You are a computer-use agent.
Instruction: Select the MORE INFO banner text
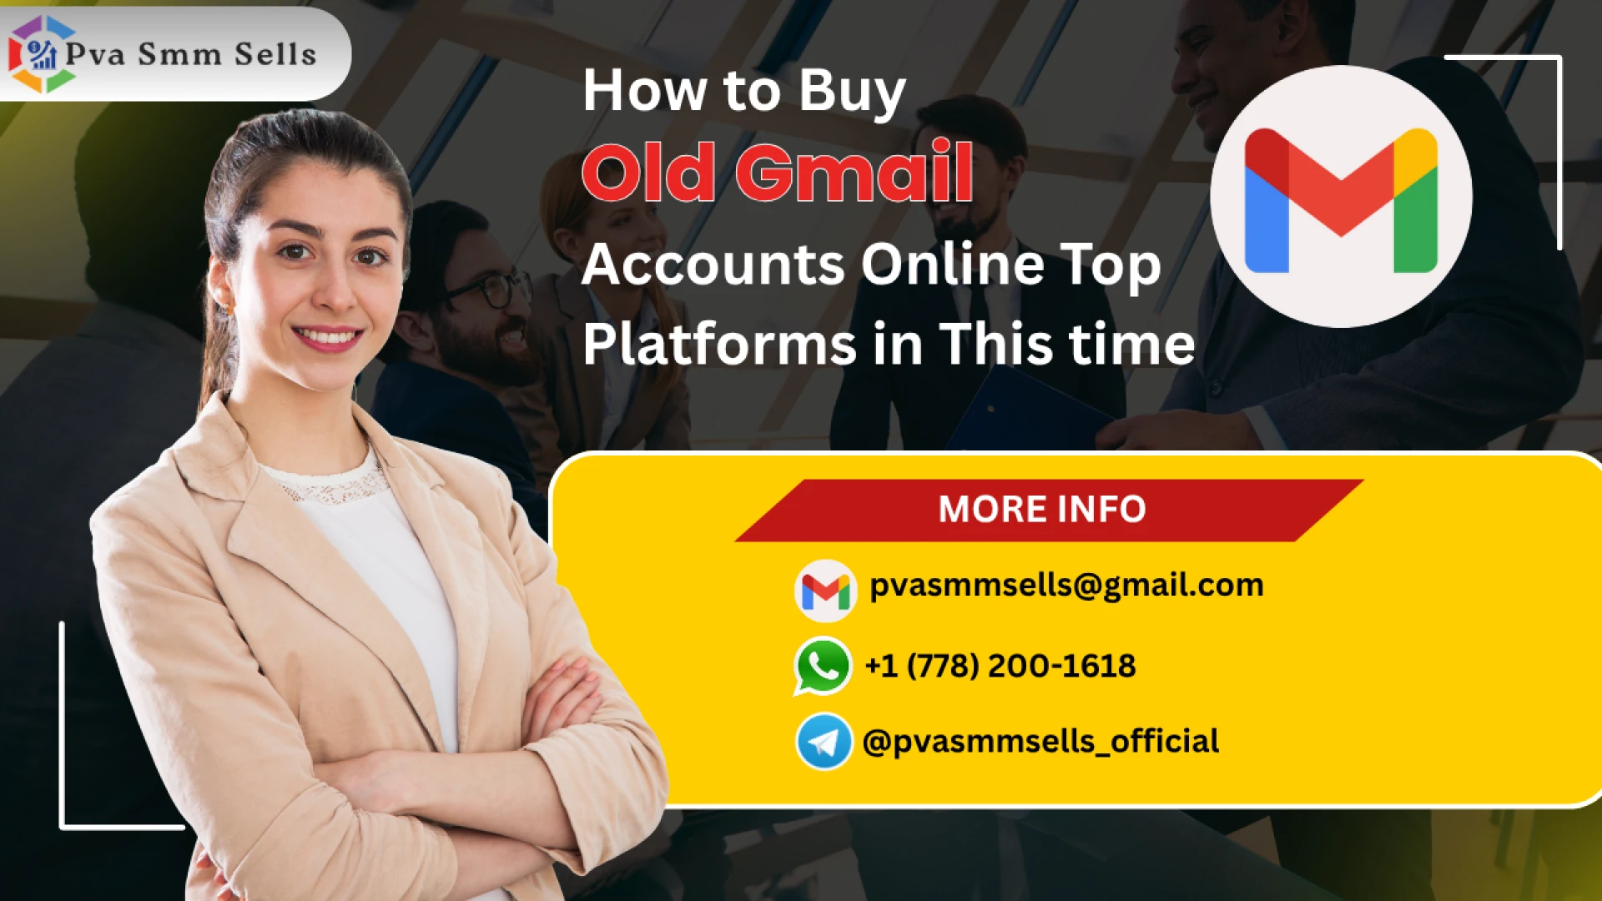(x=1042, y=510)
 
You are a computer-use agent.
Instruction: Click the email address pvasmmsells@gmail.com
(x=1066, y=586)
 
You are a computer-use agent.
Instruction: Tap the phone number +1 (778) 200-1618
(x=1000, y=666)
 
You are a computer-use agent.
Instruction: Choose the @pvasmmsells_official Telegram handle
(x=1040, y=741)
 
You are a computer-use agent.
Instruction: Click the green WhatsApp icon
(x=823, y=666)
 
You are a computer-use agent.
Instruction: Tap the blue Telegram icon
(x=824, y=741)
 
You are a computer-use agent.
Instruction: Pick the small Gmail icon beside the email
(x=825, y=591)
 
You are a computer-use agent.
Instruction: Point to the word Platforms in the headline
(x=719, y=344)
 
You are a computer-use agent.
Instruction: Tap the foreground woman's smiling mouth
(x=327, y=337)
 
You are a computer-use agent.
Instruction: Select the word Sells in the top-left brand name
(x=275, y=54)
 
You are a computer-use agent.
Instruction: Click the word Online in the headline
(x=952, y=264)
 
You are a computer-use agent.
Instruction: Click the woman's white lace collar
(x=334, y=484)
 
